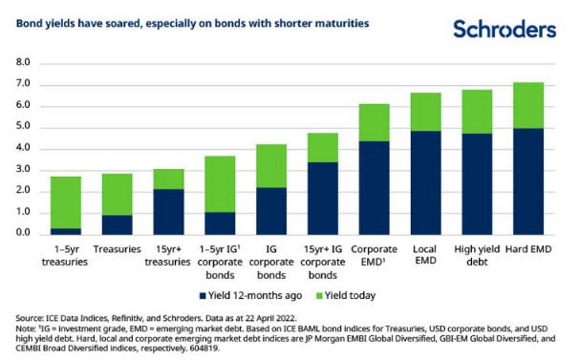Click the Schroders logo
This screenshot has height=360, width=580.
click(x=505, y=30)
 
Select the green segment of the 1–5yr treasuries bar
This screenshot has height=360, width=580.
click(x=66, y=202)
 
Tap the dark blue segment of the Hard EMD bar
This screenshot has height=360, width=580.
click(x=528, y=181)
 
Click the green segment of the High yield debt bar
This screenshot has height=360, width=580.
click(x=477, y=112)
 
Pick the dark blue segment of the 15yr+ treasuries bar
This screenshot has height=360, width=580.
click(x=169, y=212)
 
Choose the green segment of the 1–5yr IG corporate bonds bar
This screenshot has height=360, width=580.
click(x=220, y=184)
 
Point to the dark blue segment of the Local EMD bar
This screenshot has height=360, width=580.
click(x=426, y=183)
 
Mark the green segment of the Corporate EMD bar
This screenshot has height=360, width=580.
click(x=375, y=123)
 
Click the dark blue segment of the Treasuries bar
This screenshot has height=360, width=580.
click(x=118, y=225)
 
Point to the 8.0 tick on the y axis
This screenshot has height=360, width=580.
click(x=23, y=62)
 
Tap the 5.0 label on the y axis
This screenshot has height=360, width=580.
click(x=23, y=126)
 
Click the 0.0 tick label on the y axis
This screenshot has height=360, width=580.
click(x=23, y=232)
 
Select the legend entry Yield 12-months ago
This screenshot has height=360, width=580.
click(x=250, y=296)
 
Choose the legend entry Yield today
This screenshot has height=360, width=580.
click(x=346, y=296)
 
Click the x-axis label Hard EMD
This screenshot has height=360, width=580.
click(x=528, y=249)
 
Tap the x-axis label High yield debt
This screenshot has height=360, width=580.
click(x=477, y=255)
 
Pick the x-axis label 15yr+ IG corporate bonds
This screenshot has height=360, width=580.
click(x=323, y=262)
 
